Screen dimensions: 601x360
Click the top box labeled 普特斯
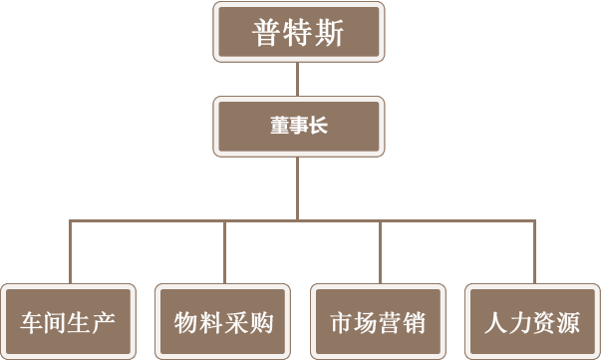pos(299,32)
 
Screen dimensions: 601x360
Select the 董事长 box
pos(299,126)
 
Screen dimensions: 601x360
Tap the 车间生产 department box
pos(68,322)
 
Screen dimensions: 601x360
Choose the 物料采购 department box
pos(222,322)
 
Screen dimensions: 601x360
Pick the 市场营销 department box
pos(378,322)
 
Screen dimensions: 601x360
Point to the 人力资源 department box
pos(532,322)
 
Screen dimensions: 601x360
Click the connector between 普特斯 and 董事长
pos(297,79)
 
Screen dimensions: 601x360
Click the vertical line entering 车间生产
pos(70,251)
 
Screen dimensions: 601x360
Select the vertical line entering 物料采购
pos(224,251)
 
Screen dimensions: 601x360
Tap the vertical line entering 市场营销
pos(380,251)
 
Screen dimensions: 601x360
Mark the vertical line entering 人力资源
pos(534,251)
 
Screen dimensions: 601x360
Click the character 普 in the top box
pos(266,33)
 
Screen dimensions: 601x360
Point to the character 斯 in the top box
pos(329,33)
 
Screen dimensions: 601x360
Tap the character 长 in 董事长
pos(319,126)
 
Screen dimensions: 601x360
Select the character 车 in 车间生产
pos(32,323)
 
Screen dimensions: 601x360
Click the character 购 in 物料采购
pos(261,323)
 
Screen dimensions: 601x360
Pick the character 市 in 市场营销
pos(342,323)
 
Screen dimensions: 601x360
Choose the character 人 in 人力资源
pos(496,323)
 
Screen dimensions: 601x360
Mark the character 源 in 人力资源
pos(568,323)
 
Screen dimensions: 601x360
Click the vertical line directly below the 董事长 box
pos(297,188)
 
